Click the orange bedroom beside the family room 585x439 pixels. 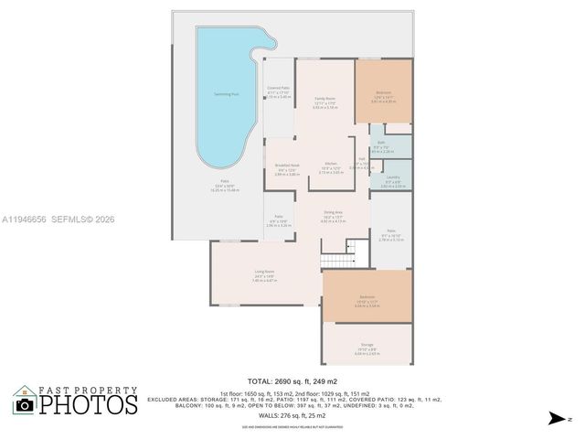pos(383,91)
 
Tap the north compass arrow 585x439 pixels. pos(554,418)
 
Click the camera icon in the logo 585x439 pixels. pos(25,404)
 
